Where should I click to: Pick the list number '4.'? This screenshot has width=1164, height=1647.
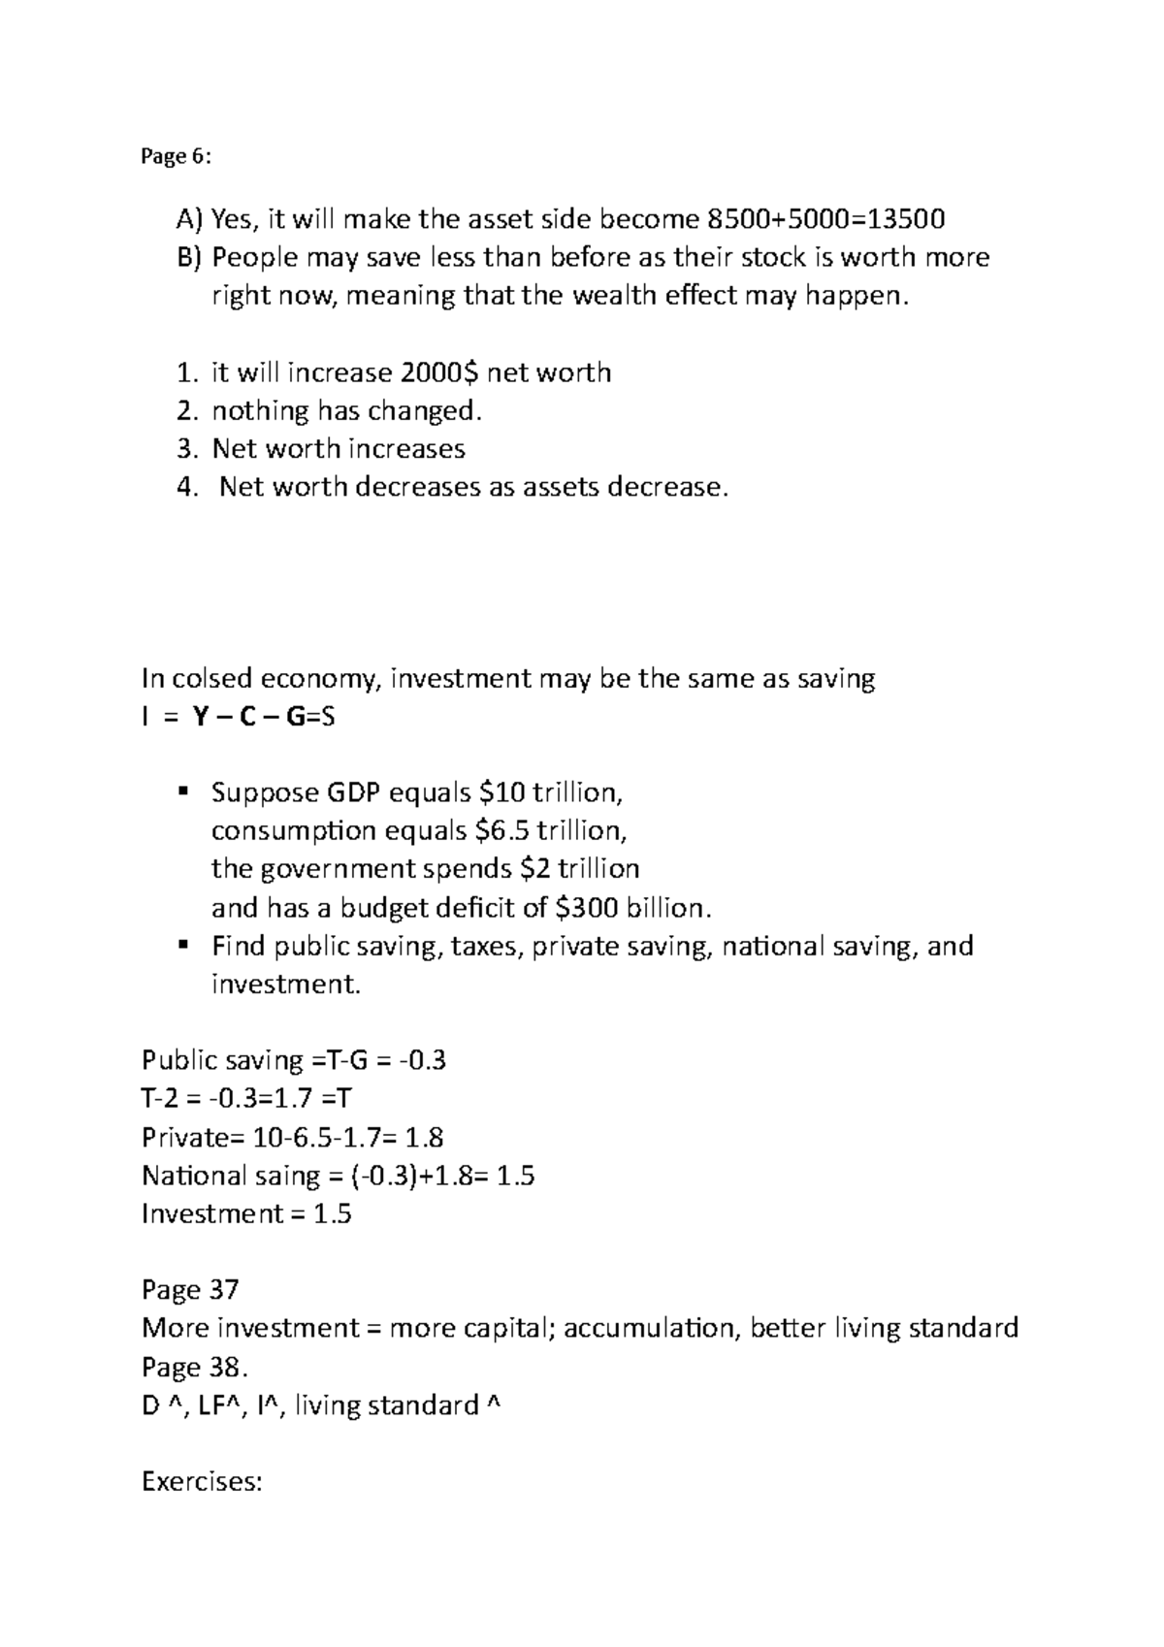[x=187, y=487]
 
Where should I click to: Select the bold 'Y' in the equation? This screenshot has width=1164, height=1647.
[x=200, y=718]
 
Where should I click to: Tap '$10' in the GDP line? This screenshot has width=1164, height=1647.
[x=501, y=793]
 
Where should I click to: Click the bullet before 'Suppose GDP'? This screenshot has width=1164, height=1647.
[x=182, y=792]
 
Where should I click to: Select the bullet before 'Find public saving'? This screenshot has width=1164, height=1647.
[x=182, y=945]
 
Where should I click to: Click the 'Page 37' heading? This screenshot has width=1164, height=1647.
[x=190, y=1290]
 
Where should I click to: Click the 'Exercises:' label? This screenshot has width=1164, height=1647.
[x=202, y=1482]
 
